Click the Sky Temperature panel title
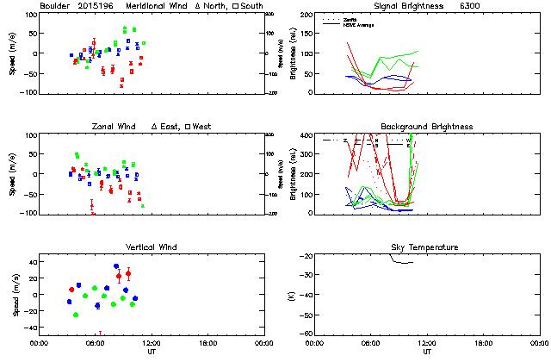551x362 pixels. tap(426, 247)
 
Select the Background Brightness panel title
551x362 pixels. tap(426, 127)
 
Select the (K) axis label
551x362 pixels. tap(288, 295)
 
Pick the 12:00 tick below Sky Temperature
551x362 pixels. tap(426, 342)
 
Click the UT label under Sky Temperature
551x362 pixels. tap(426, 352)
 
